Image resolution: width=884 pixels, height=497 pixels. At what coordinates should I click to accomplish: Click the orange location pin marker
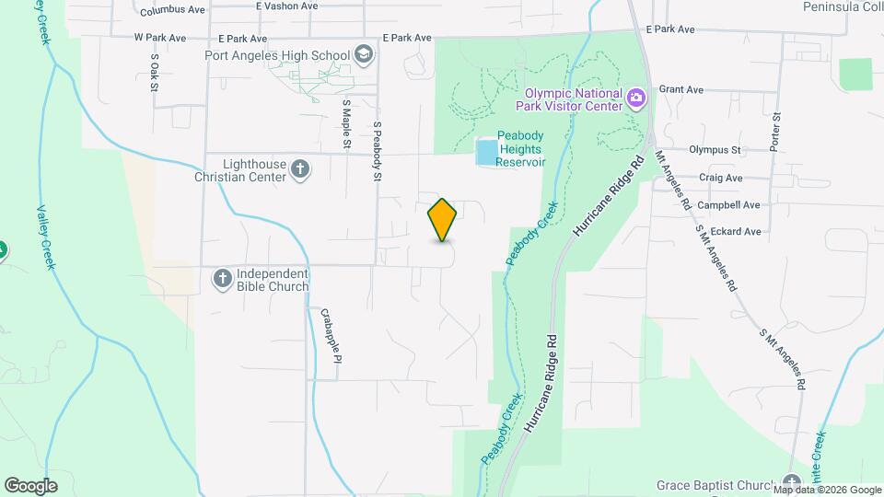click(x=443, y=219)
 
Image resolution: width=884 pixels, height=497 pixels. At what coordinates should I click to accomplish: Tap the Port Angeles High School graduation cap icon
click(x=364, y=55)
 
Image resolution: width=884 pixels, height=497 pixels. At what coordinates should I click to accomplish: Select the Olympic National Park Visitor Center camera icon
click(x=634, y=98)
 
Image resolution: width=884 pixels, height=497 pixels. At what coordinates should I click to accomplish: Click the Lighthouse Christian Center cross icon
click(x=299, y=168)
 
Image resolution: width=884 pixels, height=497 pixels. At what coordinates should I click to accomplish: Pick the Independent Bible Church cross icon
click(x=222, y=278)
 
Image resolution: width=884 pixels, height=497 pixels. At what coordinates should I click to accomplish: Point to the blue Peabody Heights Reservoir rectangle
click(x=484, y=152)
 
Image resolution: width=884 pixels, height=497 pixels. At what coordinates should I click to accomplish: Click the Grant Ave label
click(x=681, y=90)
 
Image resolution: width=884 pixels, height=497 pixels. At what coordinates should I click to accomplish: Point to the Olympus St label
click(x=715, y=149)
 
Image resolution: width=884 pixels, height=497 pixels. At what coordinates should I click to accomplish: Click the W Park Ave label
click(x=160, y=39)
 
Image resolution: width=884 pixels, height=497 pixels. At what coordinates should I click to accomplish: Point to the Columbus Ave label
click(x=173, y=11)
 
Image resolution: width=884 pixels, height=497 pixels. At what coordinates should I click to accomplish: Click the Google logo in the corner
click(x=30, y=485)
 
